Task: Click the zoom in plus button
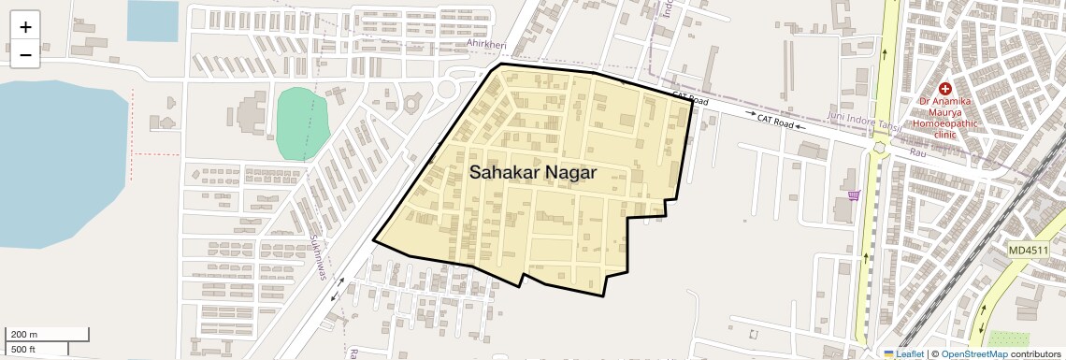(25, 27)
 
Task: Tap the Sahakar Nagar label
(532, 172)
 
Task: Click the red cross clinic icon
(944, 87)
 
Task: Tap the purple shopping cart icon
(854, 195)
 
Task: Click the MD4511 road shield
(1029, 250)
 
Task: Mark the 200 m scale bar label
(23, 334)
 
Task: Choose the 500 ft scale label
(23, 350)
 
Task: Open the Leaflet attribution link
(909, 353)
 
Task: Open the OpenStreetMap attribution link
(973, 353)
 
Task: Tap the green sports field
(303, 122)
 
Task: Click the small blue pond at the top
(152, 21)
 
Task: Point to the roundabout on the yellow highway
(878, 146)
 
